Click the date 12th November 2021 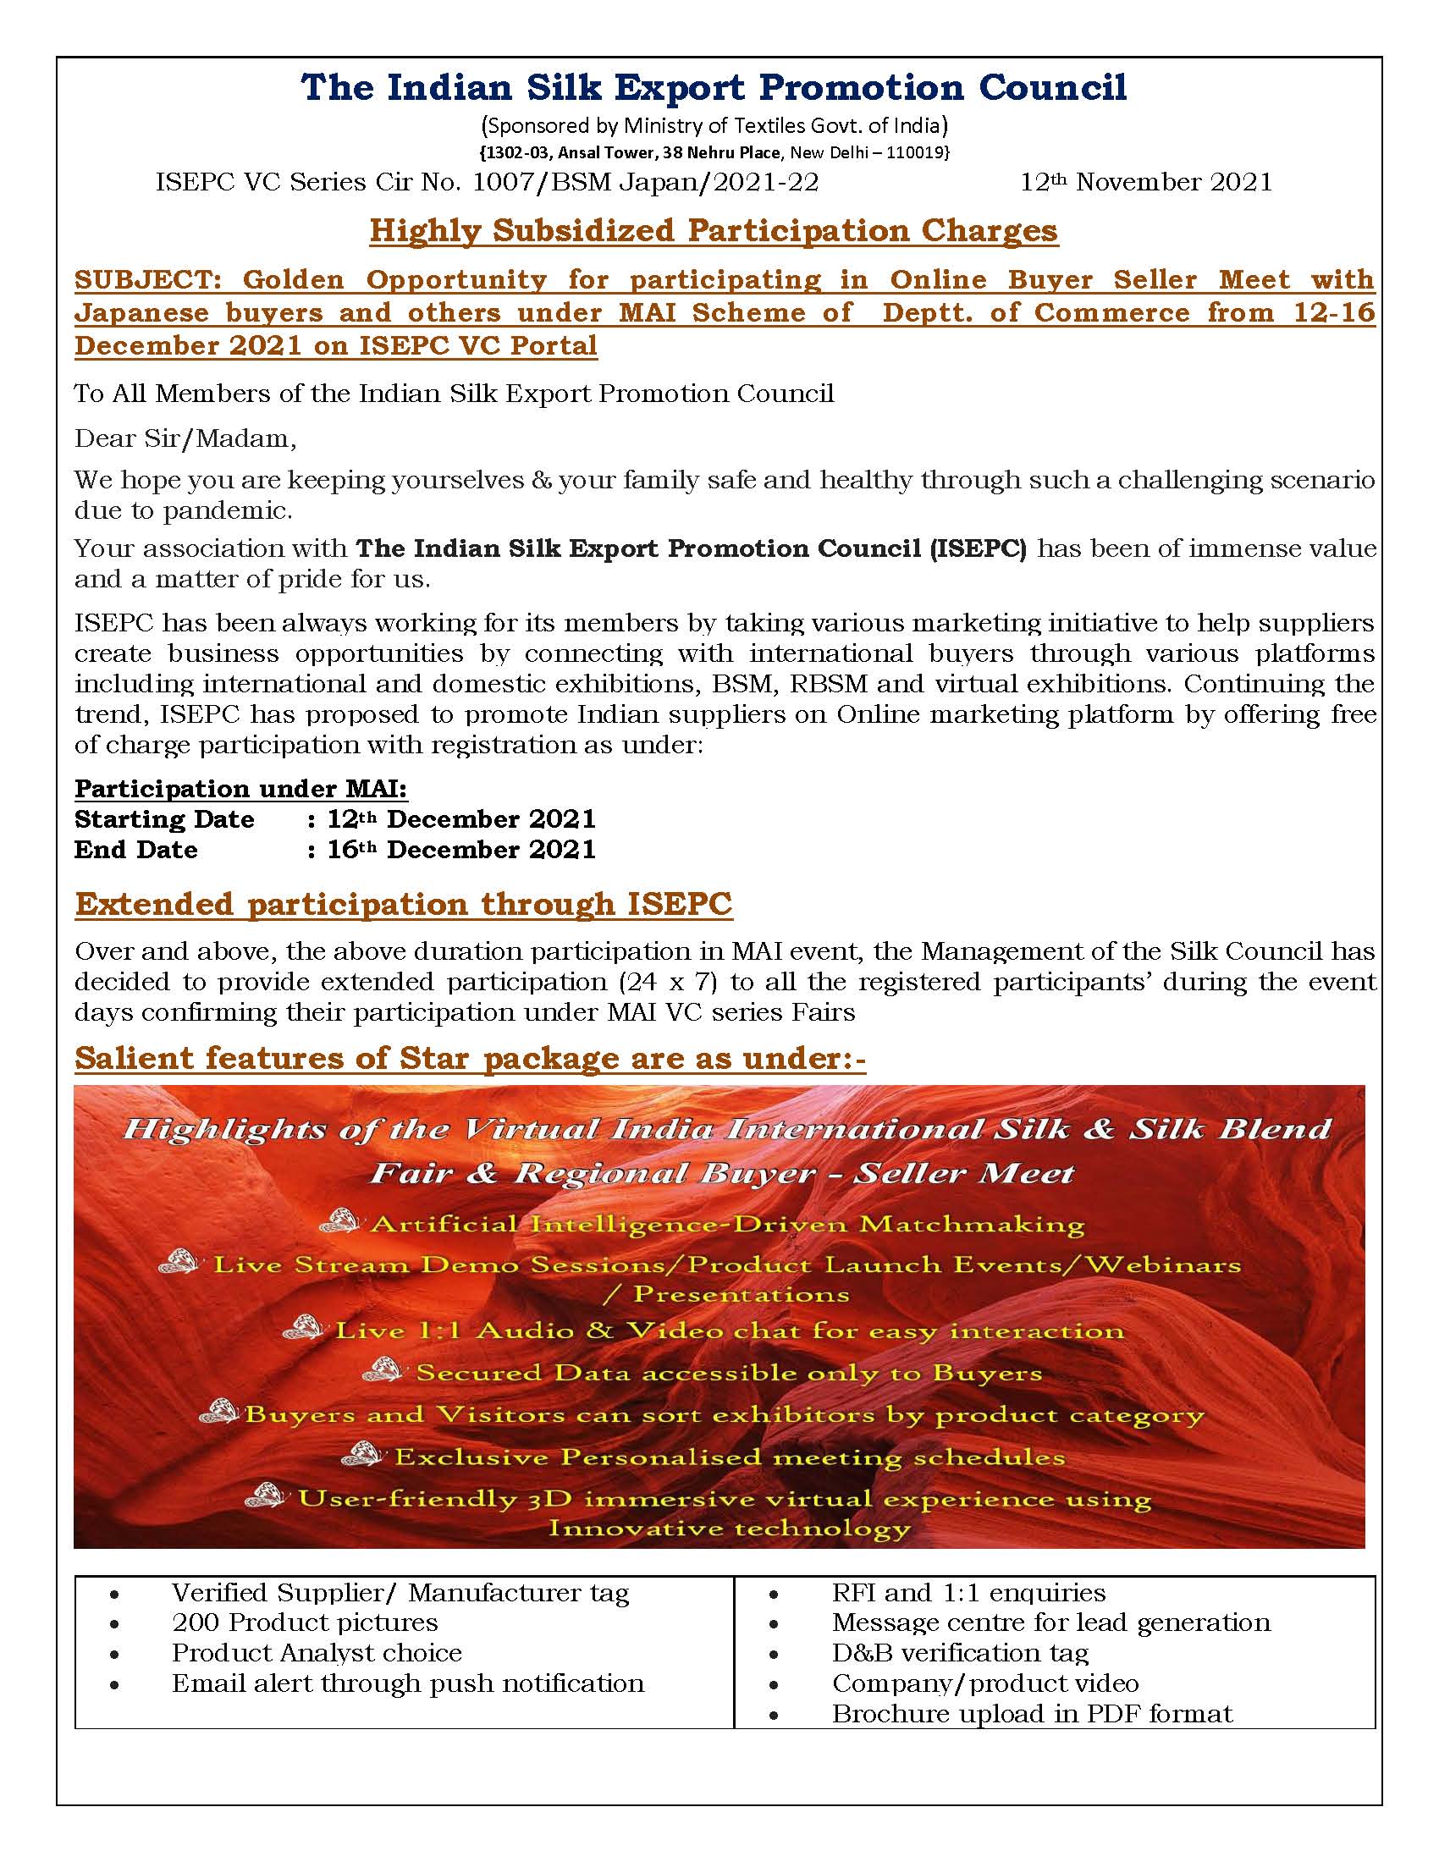tap(1146, 183)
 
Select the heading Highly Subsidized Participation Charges tap(714, 231)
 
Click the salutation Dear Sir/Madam tap(185, 438)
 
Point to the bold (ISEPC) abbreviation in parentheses tap(978, 548)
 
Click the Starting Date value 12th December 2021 tap(461, 819)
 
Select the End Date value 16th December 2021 tap(461, 850)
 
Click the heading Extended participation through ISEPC tap(403, 905)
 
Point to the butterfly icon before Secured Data tap(382, 1370)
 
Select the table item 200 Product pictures tap(305, 1622)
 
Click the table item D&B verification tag tap(960, 1652)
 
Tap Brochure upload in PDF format tap(1032, 1714)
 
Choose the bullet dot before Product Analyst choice tap(114, 1654)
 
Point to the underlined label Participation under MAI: tap(240, 789)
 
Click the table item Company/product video tap(984, 1683)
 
